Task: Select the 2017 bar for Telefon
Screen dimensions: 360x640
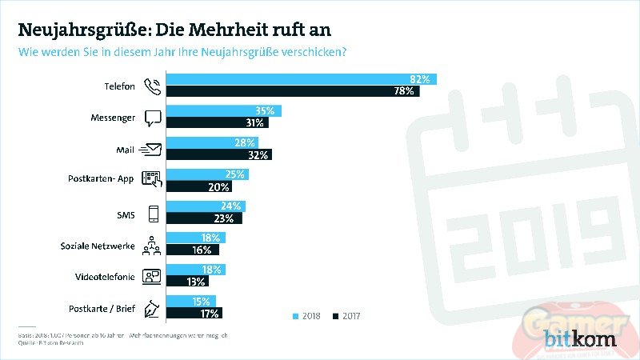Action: pyautogui.click(x=293, y=92)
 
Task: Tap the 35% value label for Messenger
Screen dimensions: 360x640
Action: pyautogui.click(x=265, y=110)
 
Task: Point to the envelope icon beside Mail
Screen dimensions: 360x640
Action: pyautogui.click(x=150, y=149)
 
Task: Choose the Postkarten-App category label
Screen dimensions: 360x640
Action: pyautogui.click(x=101, y=179)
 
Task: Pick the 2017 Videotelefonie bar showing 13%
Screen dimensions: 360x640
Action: pyautogui.click(x=187, y=282)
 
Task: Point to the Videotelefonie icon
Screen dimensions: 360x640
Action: pyautogui.click(x=151, y=276)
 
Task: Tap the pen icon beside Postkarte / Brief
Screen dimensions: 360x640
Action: pyautogui.click(x=152, y=307)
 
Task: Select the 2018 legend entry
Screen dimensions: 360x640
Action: pyautogui.click(x=308, y=317)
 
